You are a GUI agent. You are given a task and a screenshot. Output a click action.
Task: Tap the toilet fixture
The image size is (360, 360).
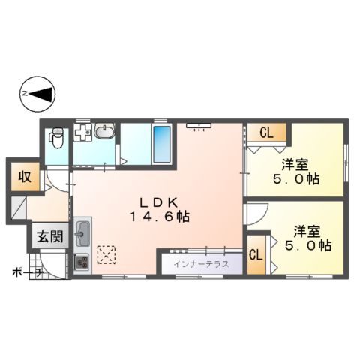click(55, 137)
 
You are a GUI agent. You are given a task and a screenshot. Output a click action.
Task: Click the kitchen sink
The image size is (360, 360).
click(82, 234)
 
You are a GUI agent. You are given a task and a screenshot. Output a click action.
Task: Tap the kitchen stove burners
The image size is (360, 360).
click(82, 262)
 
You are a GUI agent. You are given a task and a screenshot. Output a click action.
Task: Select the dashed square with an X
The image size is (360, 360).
click(106, 256)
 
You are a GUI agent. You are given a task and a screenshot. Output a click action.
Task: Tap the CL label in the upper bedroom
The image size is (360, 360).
click(265, 133)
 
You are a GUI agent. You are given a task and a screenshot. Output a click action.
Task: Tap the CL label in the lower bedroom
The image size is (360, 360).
click(256, 254)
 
